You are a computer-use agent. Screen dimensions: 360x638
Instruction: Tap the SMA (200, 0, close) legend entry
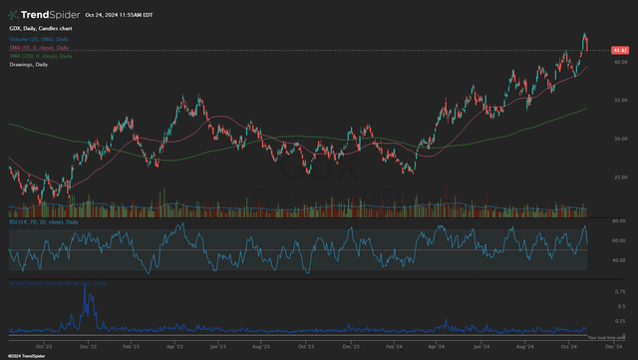[40, 57]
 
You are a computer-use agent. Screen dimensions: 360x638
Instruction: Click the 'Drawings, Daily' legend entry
[30, 65]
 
